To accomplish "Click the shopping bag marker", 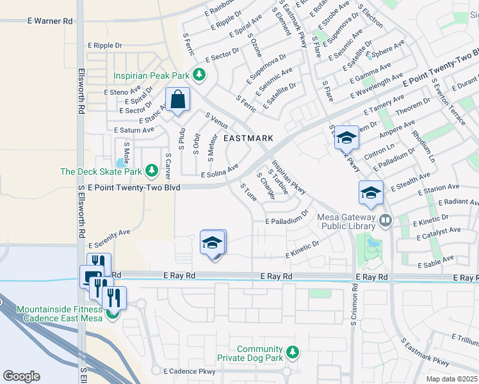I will click(177, 100).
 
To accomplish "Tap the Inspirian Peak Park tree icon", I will click(199, 75).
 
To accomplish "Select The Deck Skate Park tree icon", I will click(152, 171).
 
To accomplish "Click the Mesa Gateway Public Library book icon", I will click(386, 221).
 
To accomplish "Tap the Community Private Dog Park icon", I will click(293, 353).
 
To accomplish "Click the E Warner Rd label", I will click(50, 21).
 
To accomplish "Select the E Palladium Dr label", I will click(288, 220).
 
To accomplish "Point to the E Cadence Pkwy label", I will click(190, 371).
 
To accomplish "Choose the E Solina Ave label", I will click(220, 170).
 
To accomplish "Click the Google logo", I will click(21, 376).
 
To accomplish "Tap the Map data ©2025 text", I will click(451, 379).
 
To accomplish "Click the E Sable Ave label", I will click(435, 262).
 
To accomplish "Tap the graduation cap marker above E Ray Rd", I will click(213, 244).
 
